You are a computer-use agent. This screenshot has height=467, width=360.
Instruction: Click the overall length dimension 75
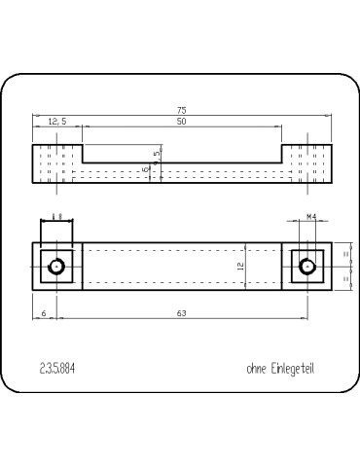182,110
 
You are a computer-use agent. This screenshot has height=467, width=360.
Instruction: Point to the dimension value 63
182,312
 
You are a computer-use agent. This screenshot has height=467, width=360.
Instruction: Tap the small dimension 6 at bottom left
45,312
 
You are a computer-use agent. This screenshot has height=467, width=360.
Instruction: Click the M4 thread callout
311,218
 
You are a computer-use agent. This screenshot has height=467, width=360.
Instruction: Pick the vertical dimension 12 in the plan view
239,265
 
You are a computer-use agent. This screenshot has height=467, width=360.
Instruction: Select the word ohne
260,369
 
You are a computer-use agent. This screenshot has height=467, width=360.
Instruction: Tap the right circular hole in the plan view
307,265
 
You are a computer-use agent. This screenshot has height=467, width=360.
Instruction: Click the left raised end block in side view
56,165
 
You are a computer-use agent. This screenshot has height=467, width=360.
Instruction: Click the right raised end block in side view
307,165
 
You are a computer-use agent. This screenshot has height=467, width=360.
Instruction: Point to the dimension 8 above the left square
56,215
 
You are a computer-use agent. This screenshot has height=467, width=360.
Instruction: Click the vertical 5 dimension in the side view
156,154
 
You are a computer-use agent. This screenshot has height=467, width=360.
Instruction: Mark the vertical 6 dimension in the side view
145,169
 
